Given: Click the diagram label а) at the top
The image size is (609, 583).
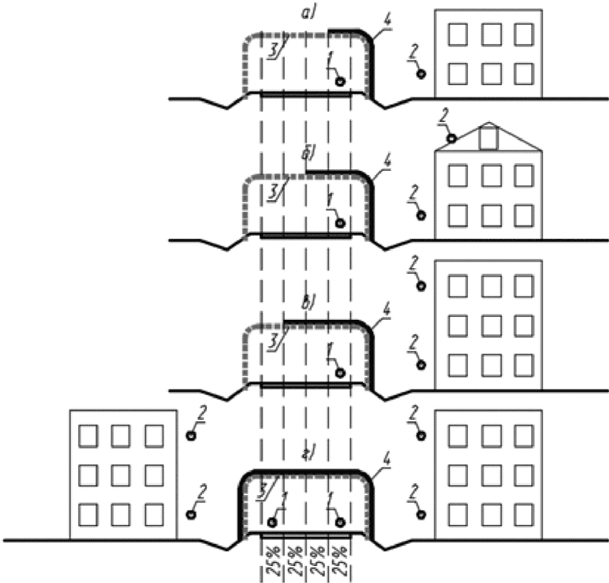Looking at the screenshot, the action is (309, 13).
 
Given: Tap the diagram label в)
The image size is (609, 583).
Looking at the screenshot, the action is (310, 303).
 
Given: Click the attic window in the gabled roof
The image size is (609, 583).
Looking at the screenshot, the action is (489, 139).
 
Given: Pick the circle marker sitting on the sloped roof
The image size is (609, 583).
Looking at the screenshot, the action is (452, 138).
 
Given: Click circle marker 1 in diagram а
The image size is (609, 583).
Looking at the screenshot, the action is (340, 82).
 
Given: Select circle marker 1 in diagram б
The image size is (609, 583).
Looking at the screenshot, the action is (340, 223).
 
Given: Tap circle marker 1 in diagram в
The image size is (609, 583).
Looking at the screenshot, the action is (340, 374).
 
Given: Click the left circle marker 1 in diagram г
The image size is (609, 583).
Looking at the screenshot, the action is (272, 523).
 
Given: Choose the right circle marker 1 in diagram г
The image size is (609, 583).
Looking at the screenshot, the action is (340, 523).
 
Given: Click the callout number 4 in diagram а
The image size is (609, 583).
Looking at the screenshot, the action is (387, 22).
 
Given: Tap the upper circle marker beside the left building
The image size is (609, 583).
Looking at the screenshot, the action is (191, 435).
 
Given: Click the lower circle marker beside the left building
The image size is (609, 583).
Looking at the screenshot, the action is (191, 515).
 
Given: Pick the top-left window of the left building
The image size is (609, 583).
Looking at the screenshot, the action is (88, 436).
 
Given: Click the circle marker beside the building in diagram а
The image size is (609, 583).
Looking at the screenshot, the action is (421, 74).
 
